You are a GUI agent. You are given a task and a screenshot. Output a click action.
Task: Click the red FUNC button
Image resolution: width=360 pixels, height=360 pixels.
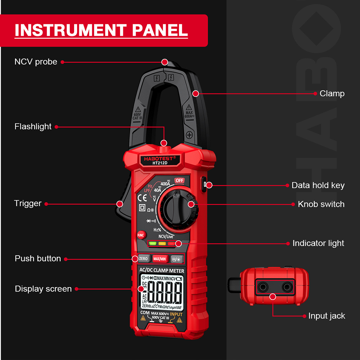(x=141, y=235)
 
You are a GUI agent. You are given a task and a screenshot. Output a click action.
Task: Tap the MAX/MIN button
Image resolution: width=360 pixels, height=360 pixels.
(x=159, y=258)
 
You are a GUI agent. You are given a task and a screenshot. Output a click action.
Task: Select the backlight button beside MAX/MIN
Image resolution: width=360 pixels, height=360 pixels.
(x=177, y=258)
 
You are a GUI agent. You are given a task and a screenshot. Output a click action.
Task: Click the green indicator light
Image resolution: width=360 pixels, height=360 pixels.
(x=153, y=243)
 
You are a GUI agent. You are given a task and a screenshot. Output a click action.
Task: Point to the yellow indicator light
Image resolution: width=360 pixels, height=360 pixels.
(x=162, y=243)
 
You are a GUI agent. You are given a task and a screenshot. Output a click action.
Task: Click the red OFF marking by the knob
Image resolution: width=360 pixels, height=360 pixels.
(x=179, y=180)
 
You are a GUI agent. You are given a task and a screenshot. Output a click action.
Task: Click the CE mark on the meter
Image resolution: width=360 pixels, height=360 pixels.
(x=142, y=197)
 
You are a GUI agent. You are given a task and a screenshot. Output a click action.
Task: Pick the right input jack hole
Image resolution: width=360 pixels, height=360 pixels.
(x=287, y=287)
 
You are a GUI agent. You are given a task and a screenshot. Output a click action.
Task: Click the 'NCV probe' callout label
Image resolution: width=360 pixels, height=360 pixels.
(x=36, y=62)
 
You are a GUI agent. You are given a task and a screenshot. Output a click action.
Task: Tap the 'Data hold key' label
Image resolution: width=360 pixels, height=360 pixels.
(x=318, y=185)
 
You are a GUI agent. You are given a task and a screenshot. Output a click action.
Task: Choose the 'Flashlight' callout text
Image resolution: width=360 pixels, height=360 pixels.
(x=33, y=127)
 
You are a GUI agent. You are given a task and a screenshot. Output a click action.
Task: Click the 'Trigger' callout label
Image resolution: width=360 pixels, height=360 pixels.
(x=28, y=203)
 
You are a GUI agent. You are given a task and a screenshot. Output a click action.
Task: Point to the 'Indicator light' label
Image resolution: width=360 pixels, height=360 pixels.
(x=318, y=243)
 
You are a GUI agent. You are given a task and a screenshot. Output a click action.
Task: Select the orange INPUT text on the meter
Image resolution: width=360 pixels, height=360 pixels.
(x=176, y=314)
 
